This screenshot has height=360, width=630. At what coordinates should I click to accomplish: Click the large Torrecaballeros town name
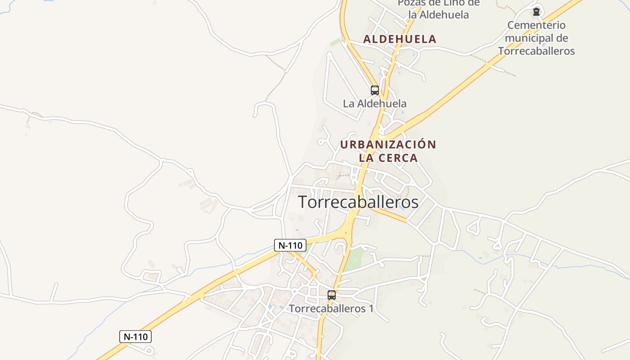click(358, 202)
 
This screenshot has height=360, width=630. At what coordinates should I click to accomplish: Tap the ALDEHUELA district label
click(400, 39)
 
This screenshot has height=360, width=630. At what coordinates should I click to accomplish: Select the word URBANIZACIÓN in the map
click(388, 145)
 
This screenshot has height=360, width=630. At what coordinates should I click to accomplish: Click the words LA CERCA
click(388, 158)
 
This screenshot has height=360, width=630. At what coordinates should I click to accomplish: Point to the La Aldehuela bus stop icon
click(374, 90)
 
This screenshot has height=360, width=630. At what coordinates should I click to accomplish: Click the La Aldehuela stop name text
click(374, 103)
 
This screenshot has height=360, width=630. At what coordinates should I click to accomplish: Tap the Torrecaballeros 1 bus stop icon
click(332, 295)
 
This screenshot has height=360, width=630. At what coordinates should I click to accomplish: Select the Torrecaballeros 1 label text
click(331, 309)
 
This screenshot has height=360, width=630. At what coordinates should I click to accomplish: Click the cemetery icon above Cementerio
click(536, 12)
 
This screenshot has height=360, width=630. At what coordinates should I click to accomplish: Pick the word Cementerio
click(536, 25)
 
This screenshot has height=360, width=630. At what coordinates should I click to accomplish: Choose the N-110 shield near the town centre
click(290, 245)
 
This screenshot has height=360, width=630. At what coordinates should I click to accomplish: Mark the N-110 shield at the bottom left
click(135, 337)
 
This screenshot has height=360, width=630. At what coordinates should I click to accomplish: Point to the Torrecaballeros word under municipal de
click(536, 51)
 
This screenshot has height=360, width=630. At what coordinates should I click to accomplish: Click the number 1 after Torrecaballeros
click(371, 309)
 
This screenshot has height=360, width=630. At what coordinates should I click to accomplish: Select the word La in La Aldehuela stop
click(348, 103)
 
